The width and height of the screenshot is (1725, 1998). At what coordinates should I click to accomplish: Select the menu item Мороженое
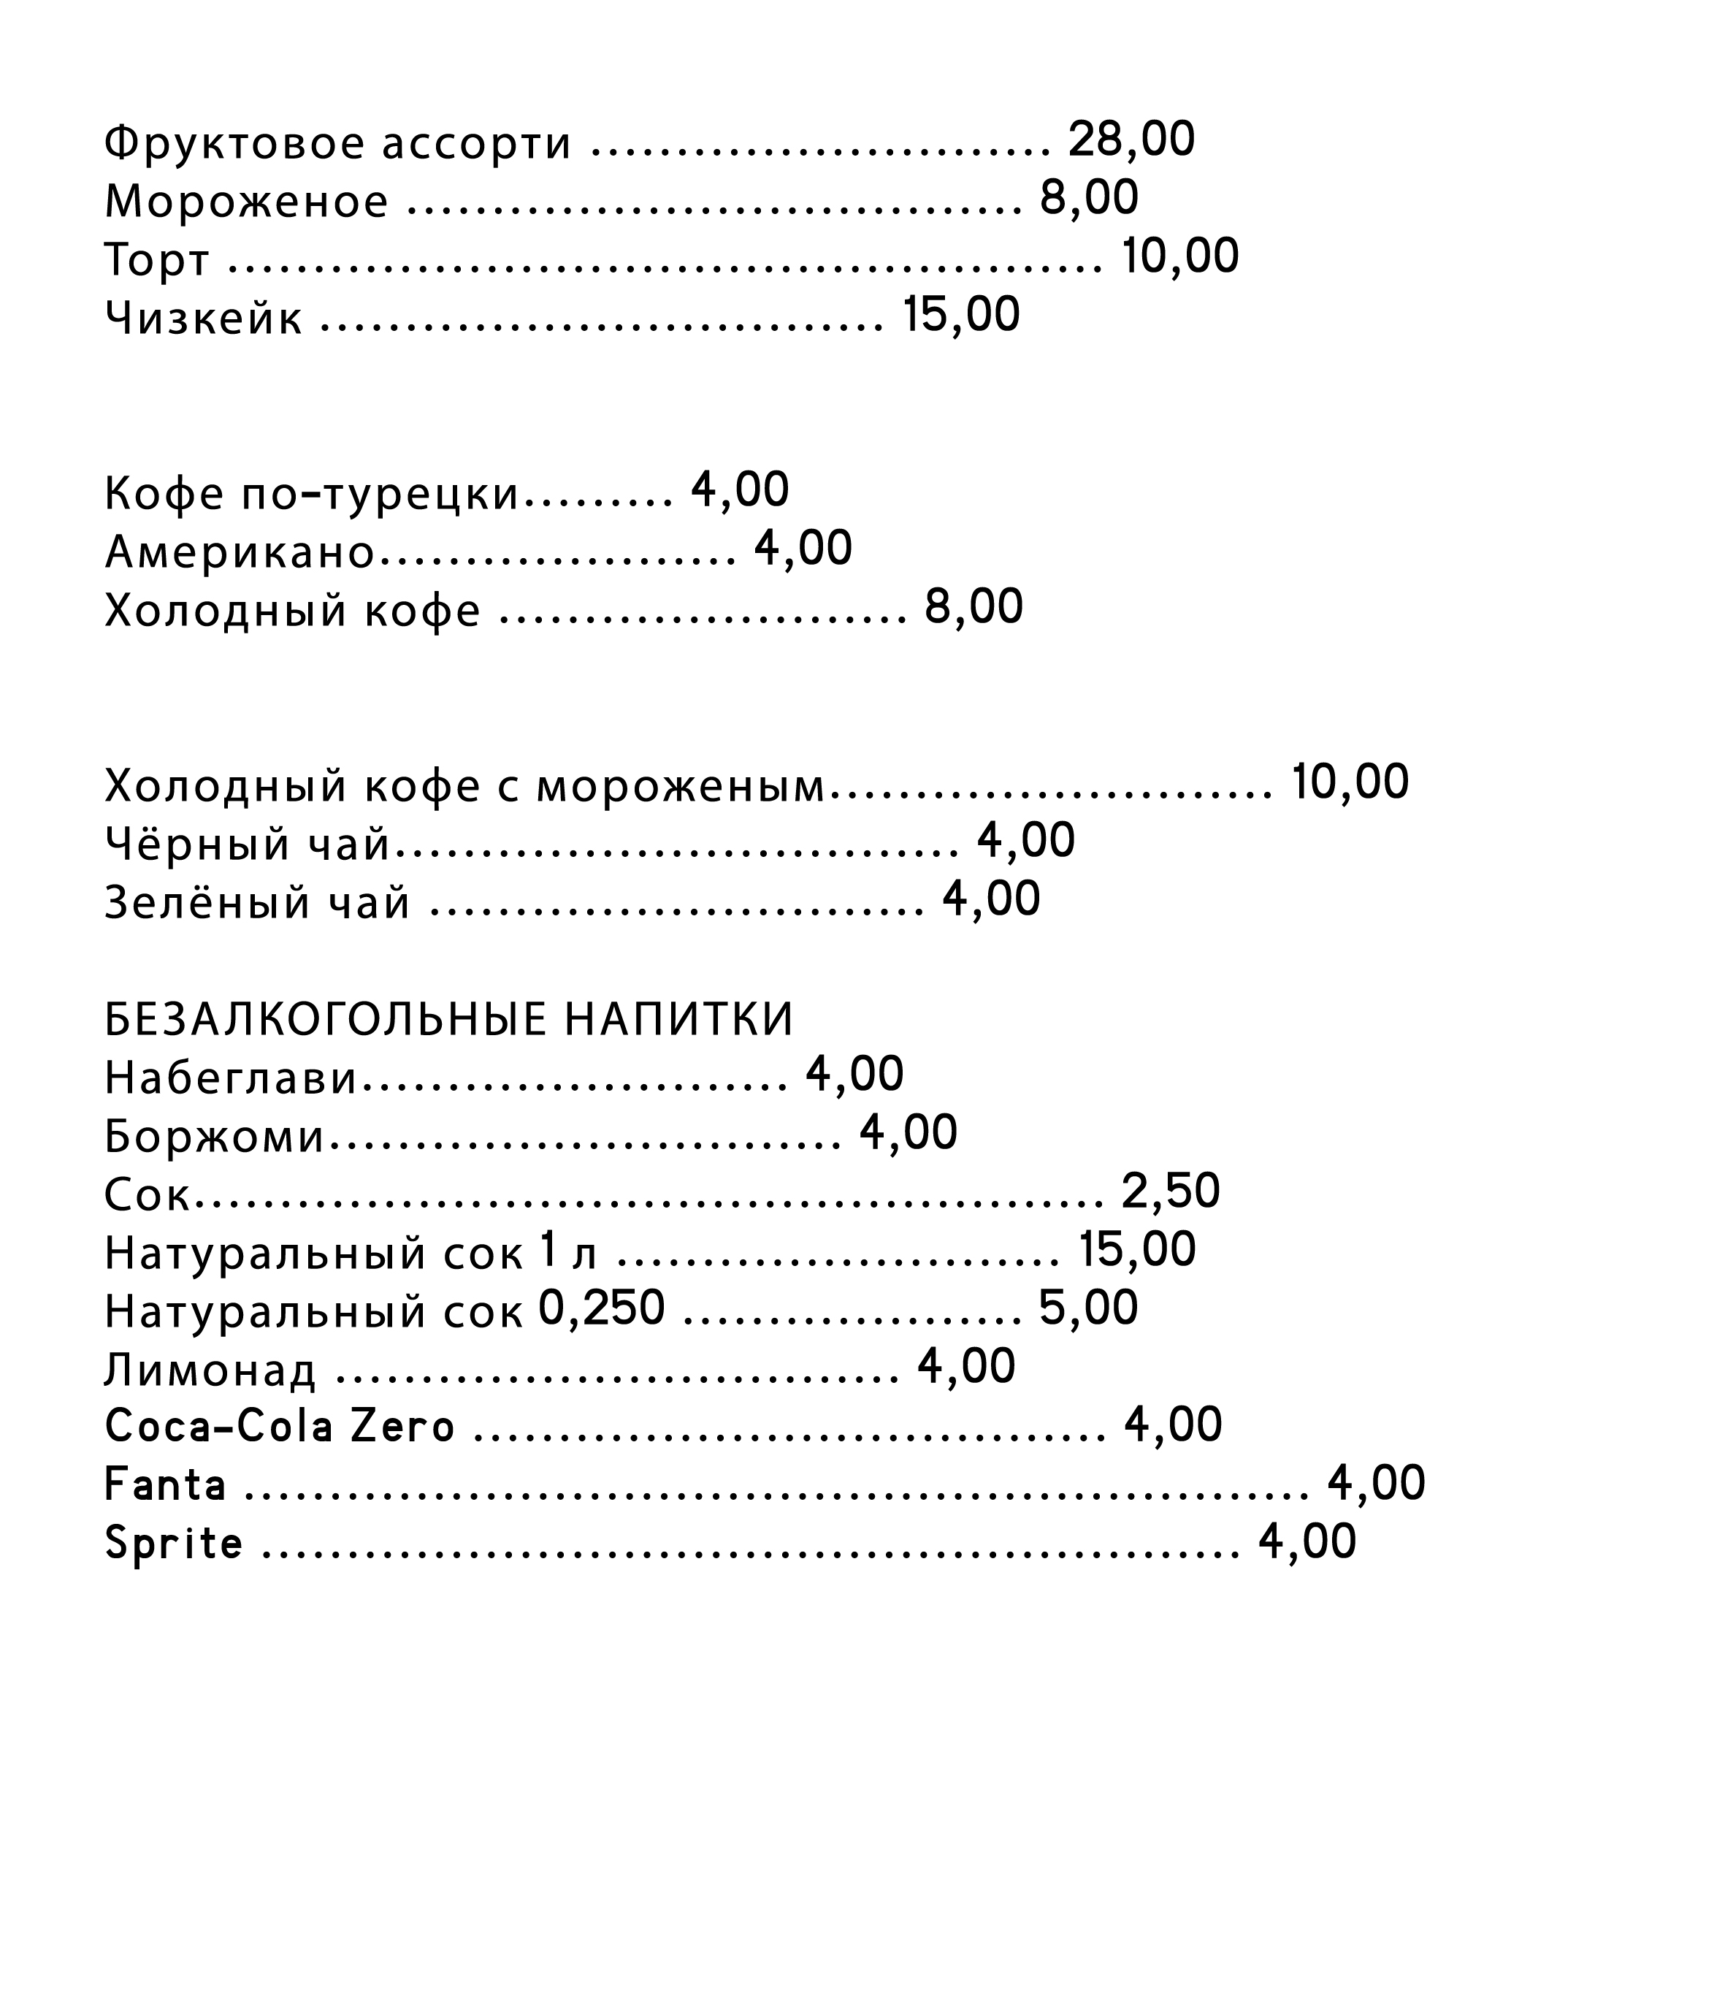click(x=246, y=202)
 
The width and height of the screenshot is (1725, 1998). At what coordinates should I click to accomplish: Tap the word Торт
click(x=156, y=260)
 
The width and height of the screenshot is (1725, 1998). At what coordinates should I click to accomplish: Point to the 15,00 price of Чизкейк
click(x=960, y=316)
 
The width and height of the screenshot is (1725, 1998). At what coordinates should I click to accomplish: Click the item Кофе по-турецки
click(x=311, y=494)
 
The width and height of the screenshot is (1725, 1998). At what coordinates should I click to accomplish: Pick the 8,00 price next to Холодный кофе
click(x=973, y=608)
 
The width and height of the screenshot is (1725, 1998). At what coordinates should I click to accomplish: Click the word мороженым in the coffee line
click(x=681, y=786)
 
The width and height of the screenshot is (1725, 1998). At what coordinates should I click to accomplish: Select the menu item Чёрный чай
click(x=247, y=844)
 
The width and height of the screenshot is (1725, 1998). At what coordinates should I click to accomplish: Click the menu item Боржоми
click(x=214, y=1137)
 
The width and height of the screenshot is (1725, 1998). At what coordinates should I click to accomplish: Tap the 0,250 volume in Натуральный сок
click(x=602, y=1308)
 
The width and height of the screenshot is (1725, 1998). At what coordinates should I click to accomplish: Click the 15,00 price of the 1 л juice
click(x=1137, y=1251)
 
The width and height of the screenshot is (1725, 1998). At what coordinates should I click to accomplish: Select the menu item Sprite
click(x=174, y=1544)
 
